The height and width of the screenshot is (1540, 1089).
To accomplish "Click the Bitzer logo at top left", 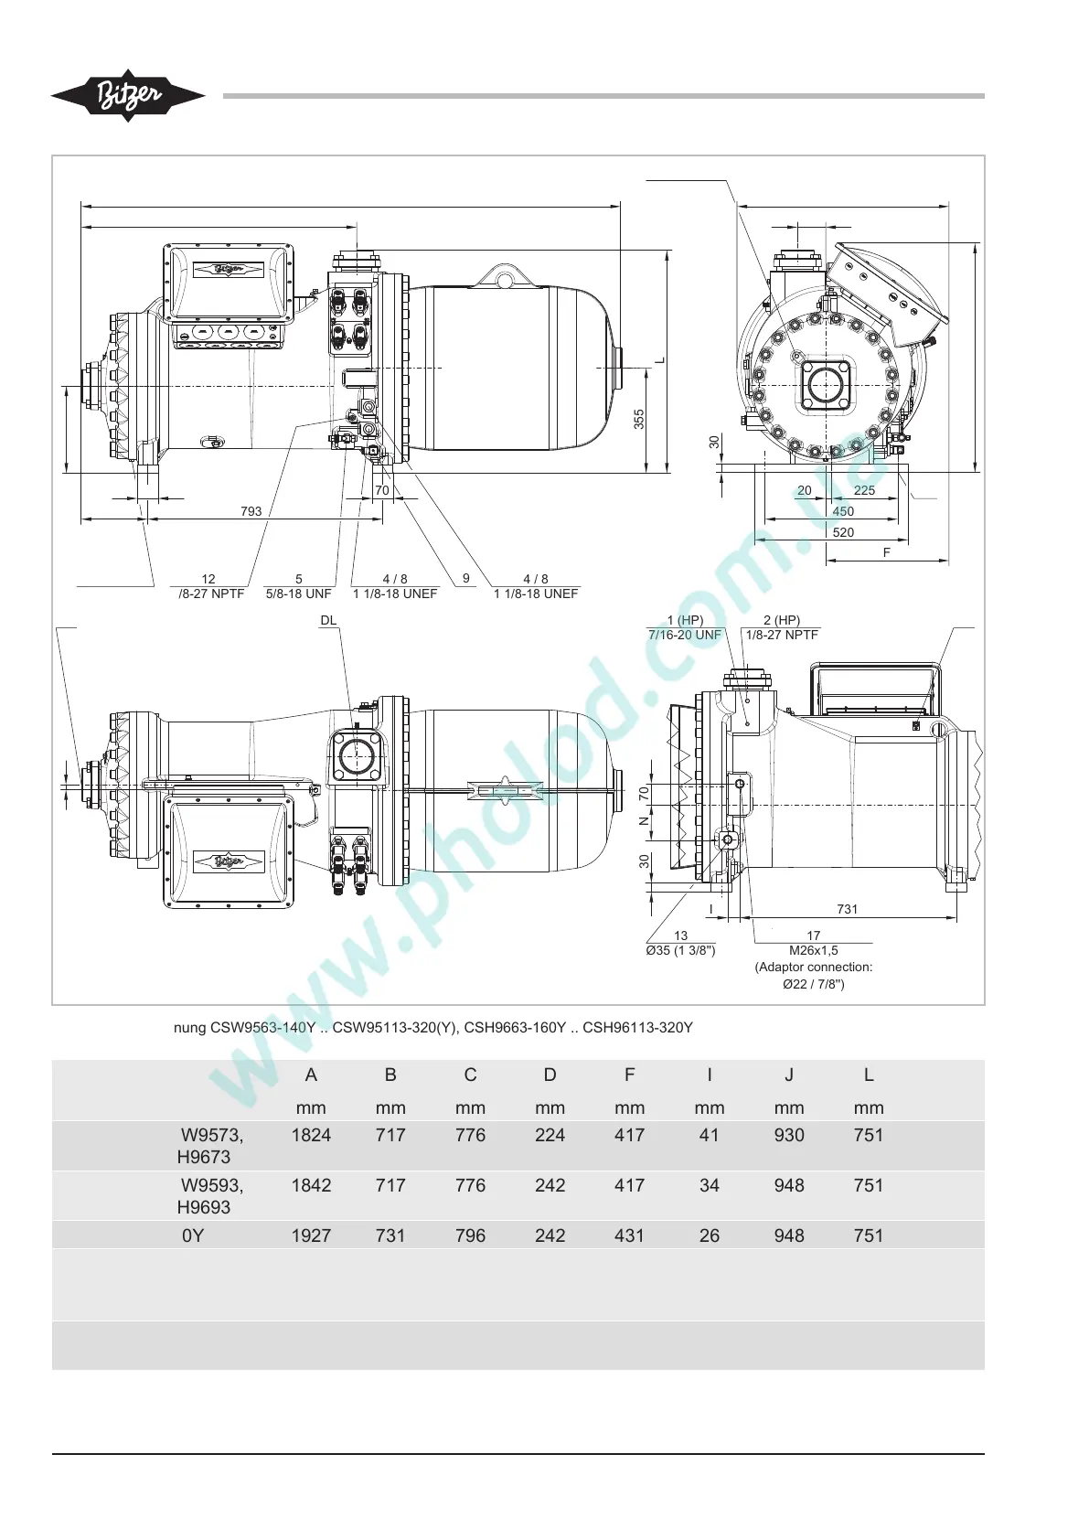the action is point(128,96).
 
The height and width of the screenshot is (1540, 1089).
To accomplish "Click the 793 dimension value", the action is point(251,511).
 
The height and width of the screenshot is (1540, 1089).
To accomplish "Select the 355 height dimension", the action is point(639,420).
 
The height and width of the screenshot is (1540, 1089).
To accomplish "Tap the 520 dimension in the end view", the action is point(843,532).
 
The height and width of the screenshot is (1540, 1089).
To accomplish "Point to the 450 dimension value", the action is point(843,511).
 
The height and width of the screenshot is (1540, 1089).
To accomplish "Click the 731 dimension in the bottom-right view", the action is point(847,909).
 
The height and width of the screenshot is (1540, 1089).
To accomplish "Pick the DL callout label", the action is point(328,620).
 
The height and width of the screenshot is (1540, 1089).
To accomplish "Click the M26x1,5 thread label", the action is point(813,950).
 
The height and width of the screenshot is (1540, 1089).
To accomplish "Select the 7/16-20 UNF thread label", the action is point(685,635).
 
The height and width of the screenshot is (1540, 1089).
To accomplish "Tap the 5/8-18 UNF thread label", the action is point(298,594).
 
